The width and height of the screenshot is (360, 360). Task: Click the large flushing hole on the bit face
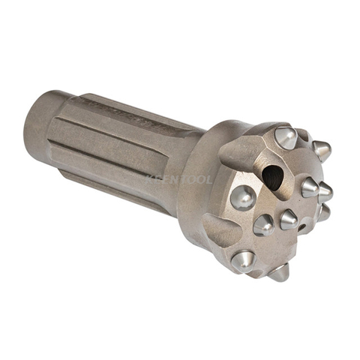[x=272, y=177]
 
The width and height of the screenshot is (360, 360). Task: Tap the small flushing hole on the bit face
[x=302, y=225]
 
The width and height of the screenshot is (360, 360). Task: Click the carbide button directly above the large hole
[x=285, y=137]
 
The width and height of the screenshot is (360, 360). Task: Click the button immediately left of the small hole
[x=287, y=219]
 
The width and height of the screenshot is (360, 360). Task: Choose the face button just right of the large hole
[x=309, y=187]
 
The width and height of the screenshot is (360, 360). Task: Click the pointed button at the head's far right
[x=325, y=192]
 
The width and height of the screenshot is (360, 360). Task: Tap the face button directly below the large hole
[x=263, y=223]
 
